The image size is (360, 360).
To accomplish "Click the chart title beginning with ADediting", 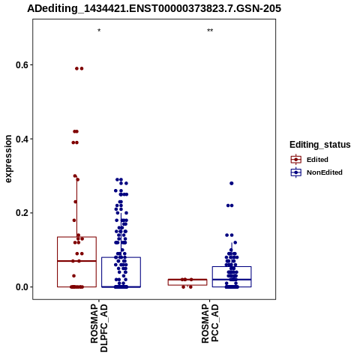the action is [x=154, y=8].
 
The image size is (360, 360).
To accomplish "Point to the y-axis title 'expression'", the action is [x=8, y=159].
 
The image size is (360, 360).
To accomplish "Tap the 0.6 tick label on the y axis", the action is [x=21, y=65].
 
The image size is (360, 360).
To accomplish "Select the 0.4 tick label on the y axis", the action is [x=21, y=139].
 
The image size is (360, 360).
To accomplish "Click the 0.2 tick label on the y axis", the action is [x=21, y=213].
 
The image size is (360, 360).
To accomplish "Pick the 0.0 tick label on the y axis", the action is [x=21, y=287].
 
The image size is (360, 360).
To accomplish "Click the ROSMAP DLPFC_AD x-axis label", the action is [x=99, y=328].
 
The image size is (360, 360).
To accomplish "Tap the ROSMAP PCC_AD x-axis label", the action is [x=210, y=323].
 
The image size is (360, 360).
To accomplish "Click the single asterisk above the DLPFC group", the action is [x=99, y=31].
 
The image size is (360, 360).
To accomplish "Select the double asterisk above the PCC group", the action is [x=210, y=31].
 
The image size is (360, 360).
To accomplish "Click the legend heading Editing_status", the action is [x=320, y=145].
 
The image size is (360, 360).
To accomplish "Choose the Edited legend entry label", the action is [x=317, y=160].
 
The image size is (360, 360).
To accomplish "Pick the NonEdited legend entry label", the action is [x=325, y=172].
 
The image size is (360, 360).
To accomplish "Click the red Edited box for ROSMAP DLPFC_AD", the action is [x=77, y=262].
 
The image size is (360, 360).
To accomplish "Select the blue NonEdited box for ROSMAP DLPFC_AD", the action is [x=121, y=272].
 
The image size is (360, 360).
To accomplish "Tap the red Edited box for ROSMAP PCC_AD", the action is [x=187, y=282].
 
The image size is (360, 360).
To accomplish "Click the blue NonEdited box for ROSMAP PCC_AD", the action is [x=232, y=277].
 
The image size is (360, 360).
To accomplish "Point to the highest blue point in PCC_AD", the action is [x=232, y=183].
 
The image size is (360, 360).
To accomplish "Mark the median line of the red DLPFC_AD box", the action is [x=77, y=261].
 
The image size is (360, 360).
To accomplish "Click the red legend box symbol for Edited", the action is [x=296, y=159].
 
